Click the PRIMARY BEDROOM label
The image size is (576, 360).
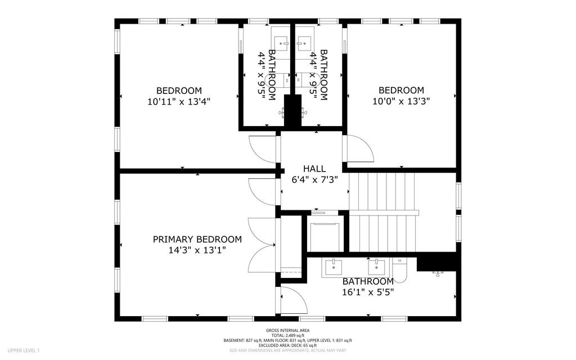point(197,240)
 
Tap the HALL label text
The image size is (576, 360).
point(314,169)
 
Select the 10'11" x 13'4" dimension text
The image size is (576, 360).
point(179,102)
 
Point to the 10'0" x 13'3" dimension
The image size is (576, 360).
point(401,101)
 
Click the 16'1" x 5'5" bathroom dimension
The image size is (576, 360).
point(368,292)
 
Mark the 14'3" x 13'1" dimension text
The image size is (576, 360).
point(197,250)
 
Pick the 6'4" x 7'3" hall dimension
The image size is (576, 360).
point(314,179)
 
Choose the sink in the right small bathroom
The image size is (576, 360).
point(304,43)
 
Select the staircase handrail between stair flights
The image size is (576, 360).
point(384,213)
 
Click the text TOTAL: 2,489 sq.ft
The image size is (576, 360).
point(287,335)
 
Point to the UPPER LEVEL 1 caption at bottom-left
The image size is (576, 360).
point(24,350)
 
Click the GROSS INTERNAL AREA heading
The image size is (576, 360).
point(287,330)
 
